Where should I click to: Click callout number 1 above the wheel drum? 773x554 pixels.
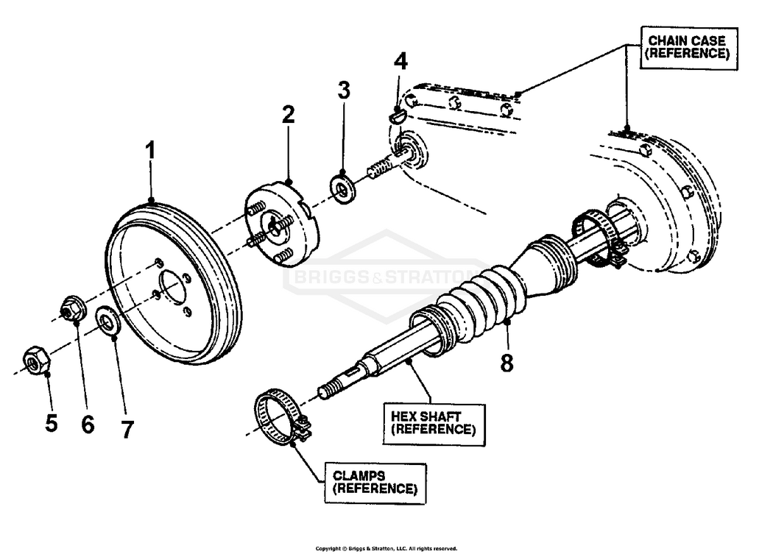tap(150, 152)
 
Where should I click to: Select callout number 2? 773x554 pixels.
tap(288, 115)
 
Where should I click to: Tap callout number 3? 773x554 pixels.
tap(344, 90)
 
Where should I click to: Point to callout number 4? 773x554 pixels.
tap(400, 62)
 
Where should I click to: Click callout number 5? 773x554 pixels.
tap(51, 424)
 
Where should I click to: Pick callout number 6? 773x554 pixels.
tap(88, 425)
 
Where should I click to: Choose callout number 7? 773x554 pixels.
tap(127, 429)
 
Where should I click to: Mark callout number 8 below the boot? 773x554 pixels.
tap(507, 362)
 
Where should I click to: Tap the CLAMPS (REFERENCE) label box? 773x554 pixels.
tap(375, 482)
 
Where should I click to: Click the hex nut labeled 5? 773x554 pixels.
tap(36, 360)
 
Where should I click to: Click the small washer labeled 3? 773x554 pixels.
tap(343, 188)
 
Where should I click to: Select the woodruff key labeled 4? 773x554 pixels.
tap(396, 114)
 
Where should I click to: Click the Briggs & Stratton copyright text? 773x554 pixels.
tap(386, 548)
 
